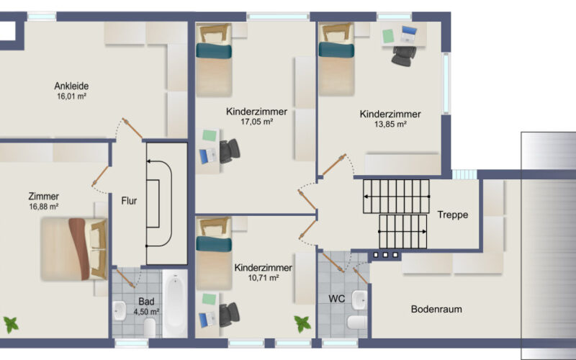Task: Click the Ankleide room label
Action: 71,86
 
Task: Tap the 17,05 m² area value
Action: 257,122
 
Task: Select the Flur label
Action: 129,201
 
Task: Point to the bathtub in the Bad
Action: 175,303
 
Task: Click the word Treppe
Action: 453,215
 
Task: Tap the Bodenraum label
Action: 436,310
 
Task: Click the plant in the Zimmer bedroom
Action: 11,325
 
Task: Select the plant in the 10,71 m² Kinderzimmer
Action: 302,324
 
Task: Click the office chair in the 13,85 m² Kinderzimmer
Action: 404,56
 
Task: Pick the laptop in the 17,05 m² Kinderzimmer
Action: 208,156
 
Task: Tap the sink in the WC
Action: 359,300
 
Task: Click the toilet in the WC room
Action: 357,322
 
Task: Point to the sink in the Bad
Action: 120,311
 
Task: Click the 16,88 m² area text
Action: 44,207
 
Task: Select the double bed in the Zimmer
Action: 74,249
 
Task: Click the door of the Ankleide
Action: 132,128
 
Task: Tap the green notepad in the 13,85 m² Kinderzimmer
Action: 388,36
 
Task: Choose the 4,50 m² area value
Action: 146,312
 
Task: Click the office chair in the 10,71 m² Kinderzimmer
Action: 230,315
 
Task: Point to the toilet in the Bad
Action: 150,328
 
